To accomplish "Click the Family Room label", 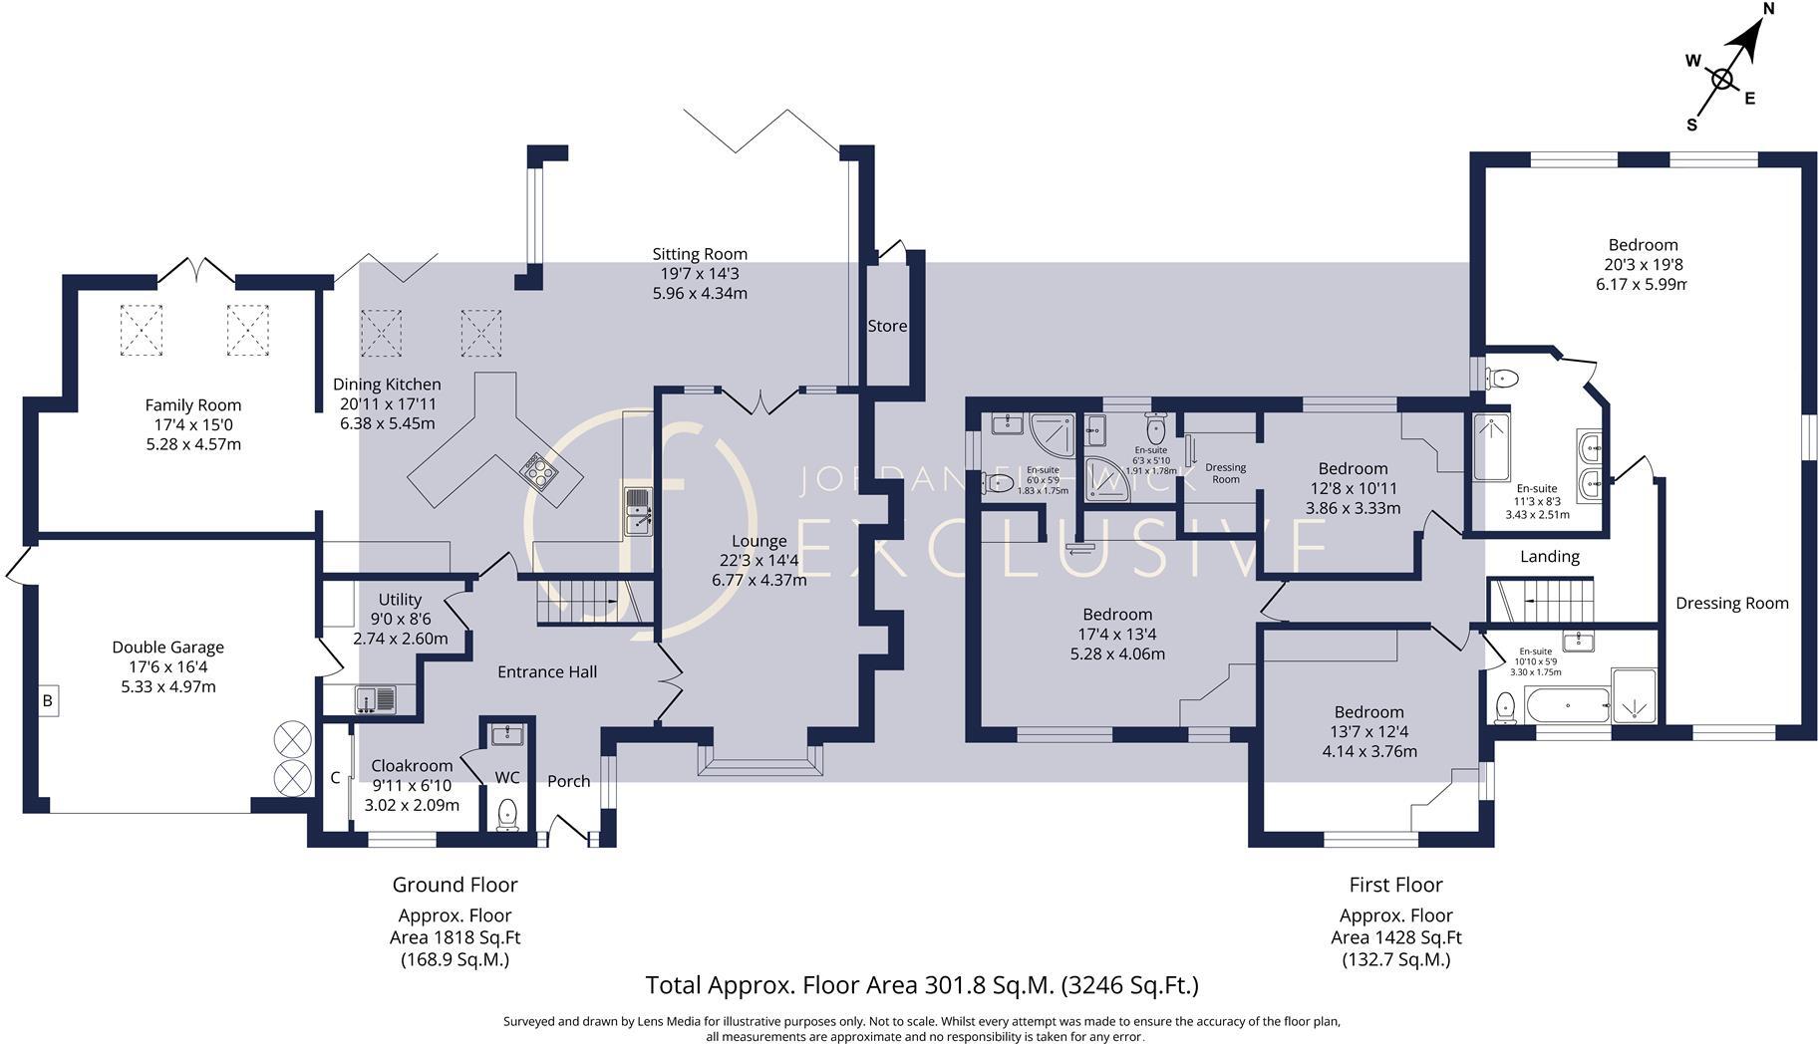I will coord(192,404).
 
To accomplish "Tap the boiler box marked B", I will coord(47,701).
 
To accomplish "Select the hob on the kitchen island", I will coord(538,469).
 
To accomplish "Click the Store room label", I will coord(887,326).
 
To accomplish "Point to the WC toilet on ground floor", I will coord(507,813).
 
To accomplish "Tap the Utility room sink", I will coord(375,699).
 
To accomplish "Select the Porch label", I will coord(568,781).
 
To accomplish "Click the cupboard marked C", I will coord(336,777).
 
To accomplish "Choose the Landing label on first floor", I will coord(1549,557).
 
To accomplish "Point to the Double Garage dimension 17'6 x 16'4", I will coord(167,666).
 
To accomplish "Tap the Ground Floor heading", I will coord(455,885).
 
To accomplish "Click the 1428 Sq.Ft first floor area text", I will coord(1395,937).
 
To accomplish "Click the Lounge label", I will coord(758,541).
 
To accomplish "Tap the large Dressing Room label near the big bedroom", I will coord(1731,603).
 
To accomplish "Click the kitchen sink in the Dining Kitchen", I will coord(637,512).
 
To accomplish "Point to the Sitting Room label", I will coord(700,254).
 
